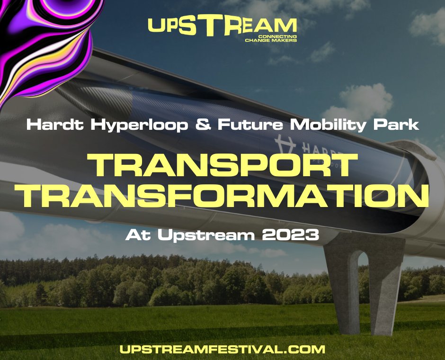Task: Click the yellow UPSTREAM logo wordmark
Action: tap(222, 26)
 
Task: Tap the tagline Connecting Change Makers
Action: tap(271, 38)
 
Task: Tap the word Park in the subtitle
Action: tap(398, 126)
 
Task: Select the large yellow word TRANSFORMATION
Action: tap(222, 197)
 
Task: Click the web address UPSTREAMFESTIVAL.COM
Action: tap(222, 350)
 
